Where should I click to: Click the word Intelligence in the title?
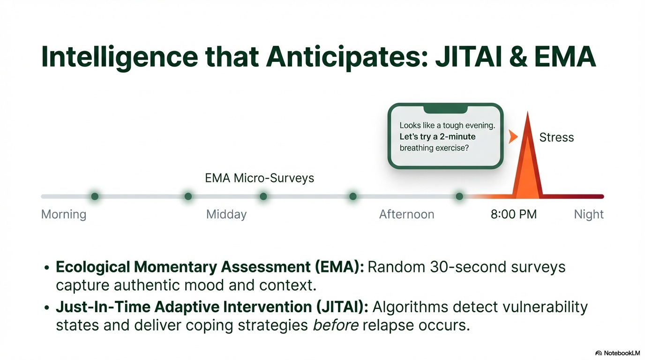pyautogui.click(x=120, y=57)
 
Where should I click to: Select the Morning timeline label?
pyautogui.click(x=64, y=215)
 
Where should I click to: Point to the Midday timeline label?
pyautogui.click(x=226, y=215)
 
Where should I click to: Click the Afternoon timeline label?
pyautogui.click(x=406, y=215)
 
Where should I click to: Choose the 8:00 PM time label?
pyautogui.click(x=513, y=215)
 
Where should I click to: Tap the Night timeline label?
pyautogui.click(x=589, y=215)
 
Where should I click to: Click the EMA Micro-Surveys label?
pyautogui.click(x=260, y=178)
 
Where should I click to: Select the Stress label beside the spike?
pyautogui.click(x=556, y=137)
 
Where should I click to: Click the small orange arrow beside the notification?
pyautogui.click(x=513, y=137)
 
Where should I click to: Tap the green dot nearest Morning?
pyautogui.click(x=95, y=196)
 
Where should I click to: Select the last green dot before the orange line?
pyautogui.click(x=459, y=196)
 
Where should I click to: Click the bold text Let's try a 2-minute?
pyautogui.click(x=437, y=137)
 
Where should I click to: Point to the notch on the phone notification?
pyautogui.click(x=445, y=109)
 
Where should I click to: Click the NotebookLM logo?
pyautogui.click(x=617, y=352)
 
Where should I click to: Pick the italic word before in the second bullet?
pyautogui.click(x=335, y=325)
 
